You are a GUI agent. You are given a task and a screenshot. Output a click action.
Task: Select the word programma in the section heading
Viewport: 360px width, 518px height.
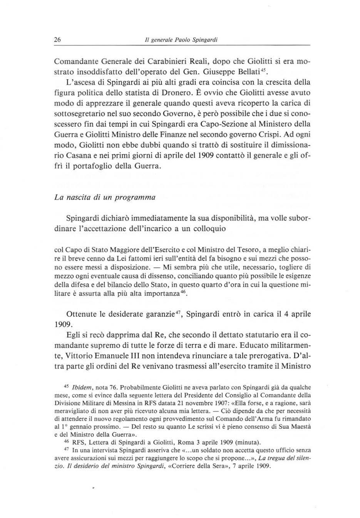pyautogui.click(x=137, y=197)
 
